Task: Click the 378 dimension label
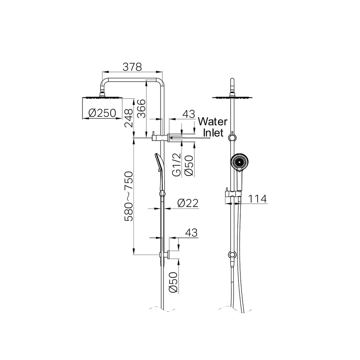point(132,67)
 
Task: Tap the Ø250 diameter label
point(102,113)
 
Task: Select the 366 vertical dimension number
point(141,109)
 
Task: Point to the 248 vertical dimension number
point(129,118)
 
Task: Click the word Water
point(213,121)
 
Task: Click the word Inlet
point(213,133)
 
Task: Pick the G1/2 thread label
point(177,165)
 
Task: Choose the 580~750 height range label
point(129,196)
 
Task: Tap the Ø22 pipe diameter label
point(188,203)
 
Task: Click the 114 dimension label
point(258,199)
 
